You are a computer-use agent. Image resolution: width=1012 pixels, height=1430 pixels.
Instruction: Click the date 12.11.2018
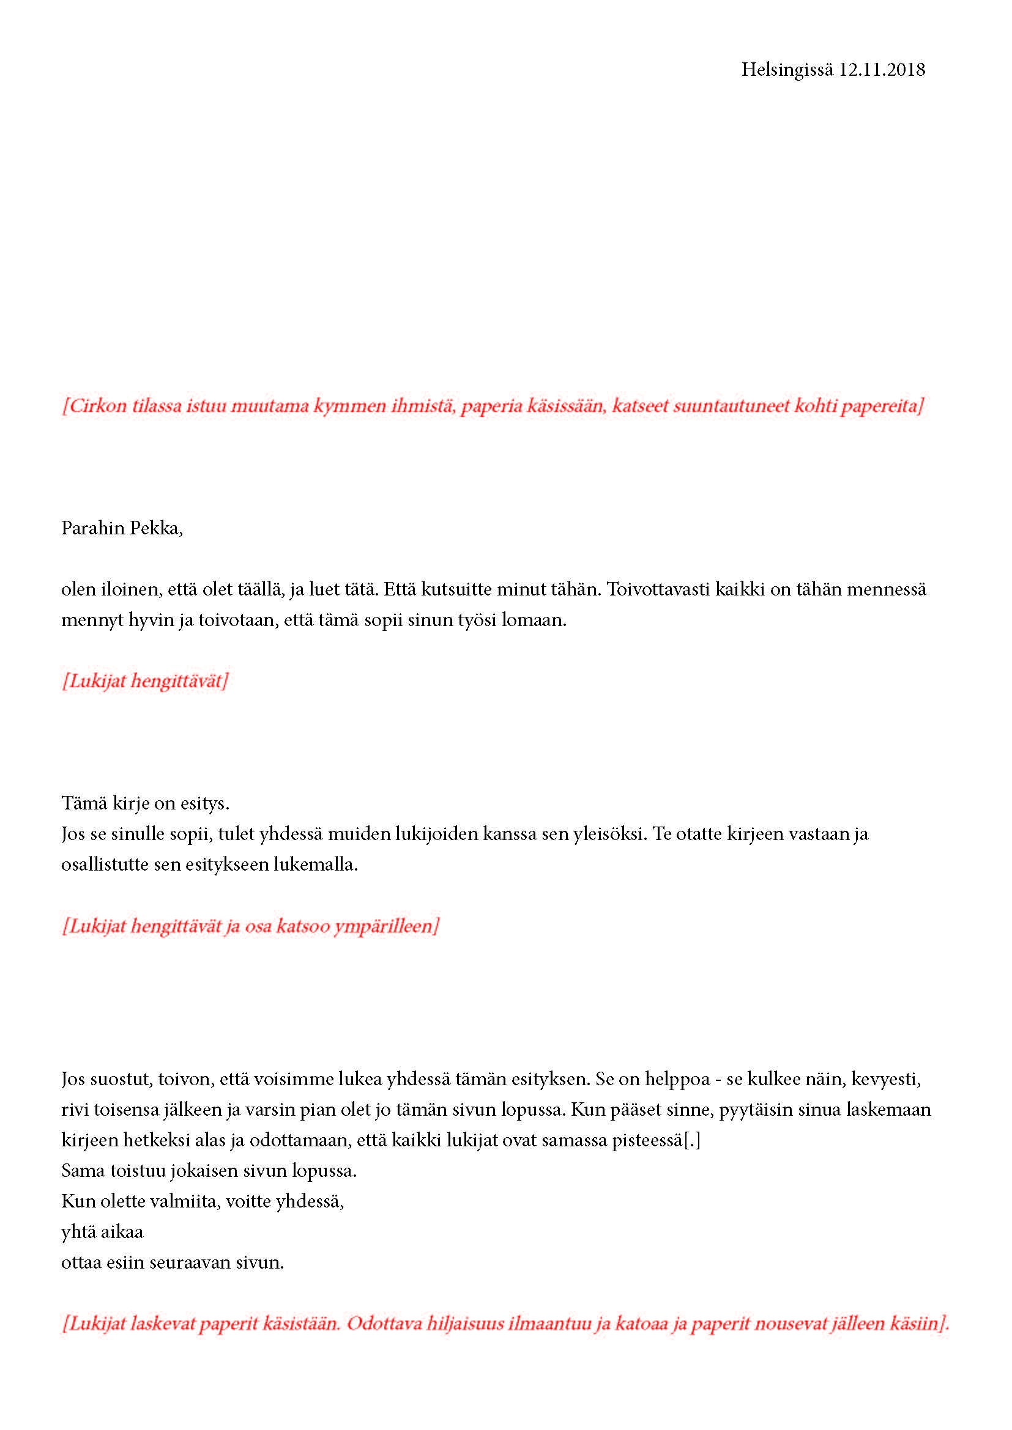point(881,70)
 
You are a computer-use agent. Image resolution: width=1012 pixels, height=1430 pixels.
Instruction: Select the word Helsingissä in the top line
point(786,70)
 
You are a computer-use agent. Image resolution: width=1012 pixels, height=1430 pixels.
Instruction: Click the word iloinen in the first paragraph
point(129,589)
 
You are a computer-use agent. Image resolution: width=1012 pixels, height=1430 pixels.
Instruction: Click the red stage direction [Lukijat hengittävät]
point(144,680)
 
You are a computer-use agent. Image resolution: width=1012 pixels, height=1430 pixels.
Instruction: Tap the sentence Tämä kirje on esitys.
point(145,803)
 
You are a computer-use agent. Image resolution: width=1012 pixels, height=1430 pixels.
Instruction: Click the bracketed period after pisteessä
point(693,1141)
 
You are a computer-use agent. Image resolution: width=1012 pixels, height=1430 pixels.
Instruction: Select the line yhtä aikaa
point(102,1232)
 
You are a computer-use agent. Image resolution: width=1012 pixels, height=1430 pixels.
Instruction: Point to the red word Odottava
point(383,1323)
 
